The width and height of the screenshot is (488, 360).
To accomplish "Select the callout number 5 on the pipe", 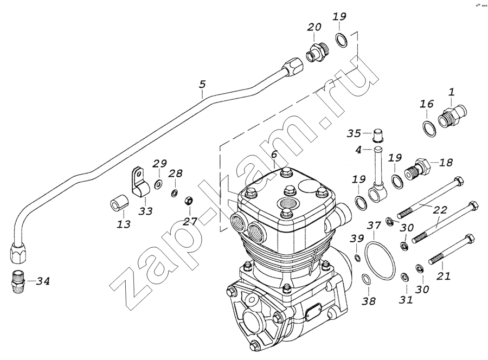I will [x=202, y=85].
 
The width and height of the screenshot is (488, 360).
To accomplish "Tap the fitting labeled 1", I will [x=451, y=116].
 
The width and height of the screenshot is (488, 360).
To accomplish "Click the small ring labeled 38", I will [x=366, y=279].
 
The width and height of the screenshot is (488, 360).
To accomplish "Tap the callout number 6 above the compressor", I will [x=274, y=155].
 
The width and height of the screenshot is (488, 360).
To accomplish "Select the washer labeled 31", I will [x=404, y=278].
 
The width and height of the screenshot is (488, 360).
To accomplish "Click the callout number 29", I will [x=159, y=164].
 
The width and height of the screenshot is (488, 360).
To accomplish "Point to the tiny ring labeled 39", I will [x=356, y=257].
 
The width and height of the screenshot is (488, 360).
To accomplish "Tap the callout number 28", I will [x=175, y=173].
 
